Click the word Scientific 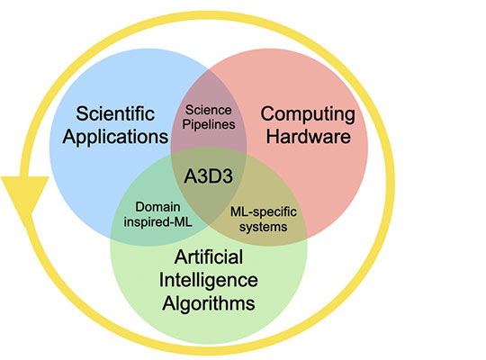pos(115,113)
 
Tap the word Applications pos(115,137)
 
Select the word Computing pos(308,115)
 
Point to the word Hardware pos(309,136)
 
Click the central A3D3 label pos(208,176)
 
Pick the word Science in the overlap pos(208,110)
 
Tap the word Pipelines pos(209,124)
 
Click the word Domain pos(157,207)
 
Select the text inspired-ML pos(157,221)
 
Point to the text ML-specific pos(264,212)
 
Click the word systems pos(263,227)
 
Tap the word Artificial pos(209,257)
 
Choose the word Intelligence pos(208,280)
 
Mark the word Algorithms pos(209,303)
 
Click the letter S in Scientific pos(82,113)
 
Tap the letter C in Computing pos(267,113)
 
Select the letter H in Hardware pos(273,136)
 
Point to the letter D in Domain pos(139,207)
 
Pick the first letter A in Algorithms pos(169,302)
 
